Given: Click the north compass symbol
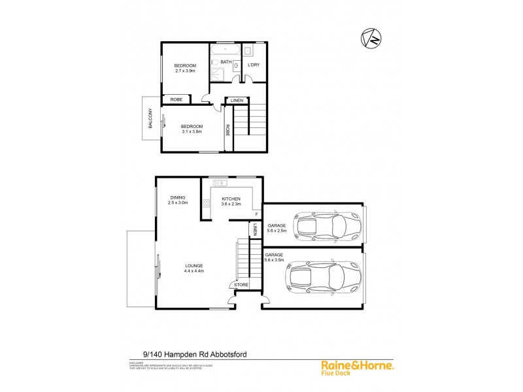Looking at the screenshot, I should coord(370,39).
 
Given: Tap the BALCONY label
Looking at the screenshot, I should coord(150,118).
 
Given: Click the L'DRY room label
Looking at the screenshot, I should coord(254,64).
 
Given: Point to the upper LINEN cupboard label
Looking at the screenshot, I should coord(237,100).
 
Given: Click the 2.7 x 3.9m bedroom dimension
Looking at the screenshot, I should coord(185,71).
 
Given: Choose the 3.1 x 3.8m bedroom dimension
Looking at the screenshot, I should coord(192,131).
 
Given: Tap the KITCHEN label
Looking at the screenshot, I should coord(231,199).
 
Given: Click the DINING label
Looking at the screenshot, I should coord(178,197).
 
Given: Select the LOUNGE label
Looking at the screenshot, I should coord(194,265).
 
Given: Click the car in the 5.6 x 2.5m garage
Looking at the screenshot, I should coord(320,226).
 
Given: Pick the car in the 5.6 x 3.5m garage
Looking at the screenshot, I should coord(323,276).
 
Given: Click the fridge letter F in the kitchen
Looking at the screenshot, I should coord(256,214).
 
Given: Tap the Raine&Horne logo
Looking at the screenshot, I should coord(363,367).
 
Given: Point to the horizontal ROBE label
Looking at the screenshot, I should coord(177,99).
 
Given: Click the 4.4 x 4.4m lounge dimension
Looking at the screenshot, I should coord(194,271).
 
